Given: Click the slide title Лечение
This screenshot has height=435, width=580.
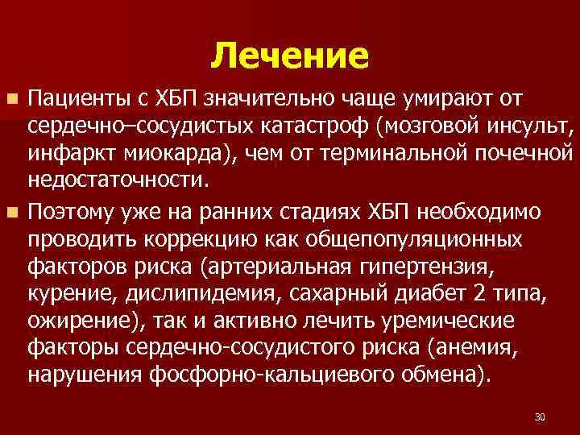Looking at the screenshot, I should (x=290, y=56).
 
